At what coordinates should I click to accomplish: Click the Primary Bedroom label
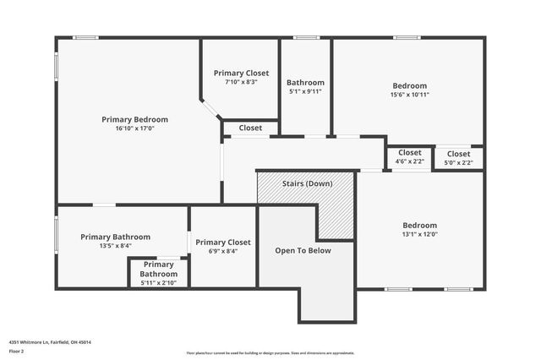[x=134, y=119]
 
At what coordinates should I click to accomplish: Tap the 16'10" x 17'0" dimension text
[x=134, y=129]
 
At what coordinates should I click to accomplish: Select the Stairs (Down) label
[x=307, y=183]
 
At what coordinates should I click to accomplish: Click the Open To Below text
[x=303, y=250]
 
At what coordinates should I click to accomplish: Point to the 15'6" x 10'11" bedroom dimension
[x=409, y=95]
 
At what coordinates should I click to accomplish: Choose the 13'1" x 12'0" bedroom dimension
[x=419, y=235]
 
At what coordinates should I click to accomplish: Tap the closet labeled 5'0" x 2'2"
[x=459, y=162]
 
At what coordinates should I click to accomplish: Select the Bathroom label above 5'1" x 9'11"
[x=305, y=83]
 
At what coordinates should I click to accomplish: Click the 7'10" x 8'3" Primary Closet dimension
[x=241, y=82]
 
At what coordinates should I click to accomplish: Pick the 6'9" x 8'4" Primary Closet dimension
[x=222, y=251]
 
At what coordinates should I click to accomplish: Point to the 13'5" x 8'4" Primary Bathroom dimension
[x=115, y=247]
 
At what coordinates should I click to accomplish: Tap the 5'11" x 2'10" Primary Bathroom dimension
[x=158, y=283]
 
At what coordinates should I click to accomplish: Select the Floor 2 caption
[x=16, y=350]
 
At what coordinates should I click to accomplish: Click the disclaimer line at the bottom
[x=270, y=353]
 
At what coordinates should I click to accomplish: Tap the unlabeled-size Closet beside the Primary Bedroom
[x=250, y=128]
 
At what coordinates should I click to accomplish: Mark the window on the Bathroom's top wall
[x=306, y=37]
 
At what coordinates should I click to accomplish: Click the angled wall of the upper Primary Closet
[x=211, y=111]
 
